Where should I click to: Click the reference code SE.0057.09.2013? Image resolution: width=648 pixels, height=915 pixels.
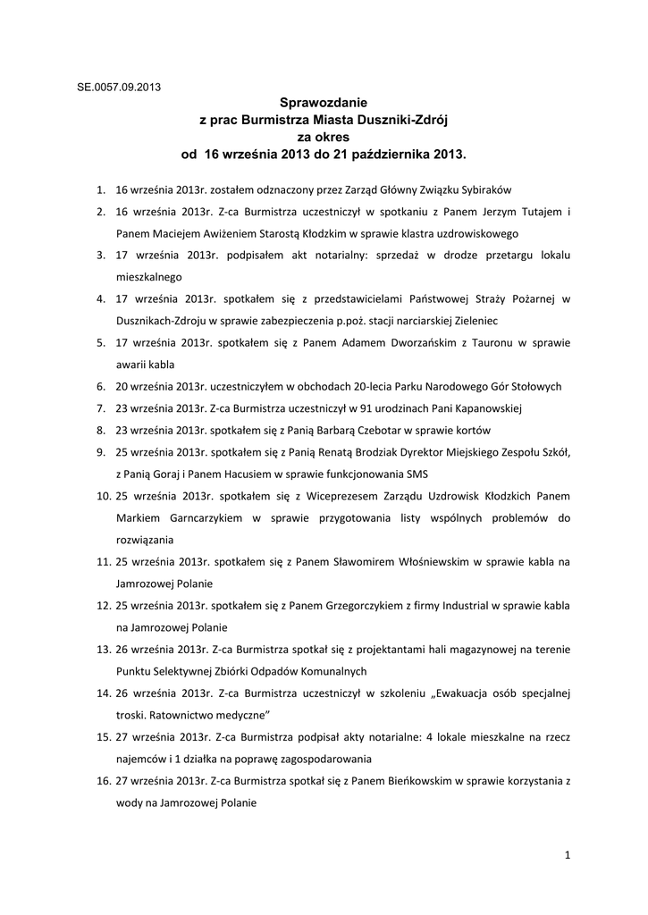[118, 88]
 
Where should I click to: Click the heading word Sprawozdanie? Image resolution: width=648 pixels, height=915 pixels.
[324, 104]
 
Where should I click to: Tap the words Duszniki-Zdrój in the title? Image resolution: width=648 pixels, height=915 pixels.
[407, 120]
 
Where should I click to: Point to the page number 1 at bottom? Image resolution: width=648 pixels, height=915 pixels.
[568, 855]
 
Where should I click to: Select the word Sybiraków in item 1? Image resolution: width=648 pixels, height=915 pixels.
[484, 189]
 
